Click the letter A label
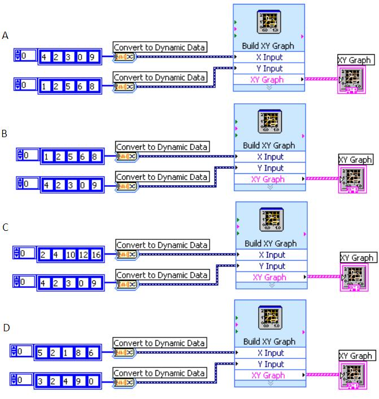6,36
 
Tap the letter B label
5,134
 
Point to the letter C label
5,227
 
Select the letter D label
5,327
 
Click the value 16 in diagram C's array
96,255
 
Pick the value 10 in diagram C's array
69,255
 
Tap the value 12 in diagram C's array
82,255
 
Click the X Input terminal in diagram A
269,57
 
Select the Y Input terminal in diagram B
271,168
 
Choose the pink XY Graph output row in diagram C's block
271,277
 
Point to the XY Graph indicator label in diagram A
354,60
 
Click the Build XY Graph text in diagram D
269,341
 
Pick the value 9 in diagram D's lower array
80,382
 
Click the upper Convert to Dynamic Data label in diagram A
160,47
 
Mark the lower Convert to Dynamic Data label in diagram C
162,275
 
